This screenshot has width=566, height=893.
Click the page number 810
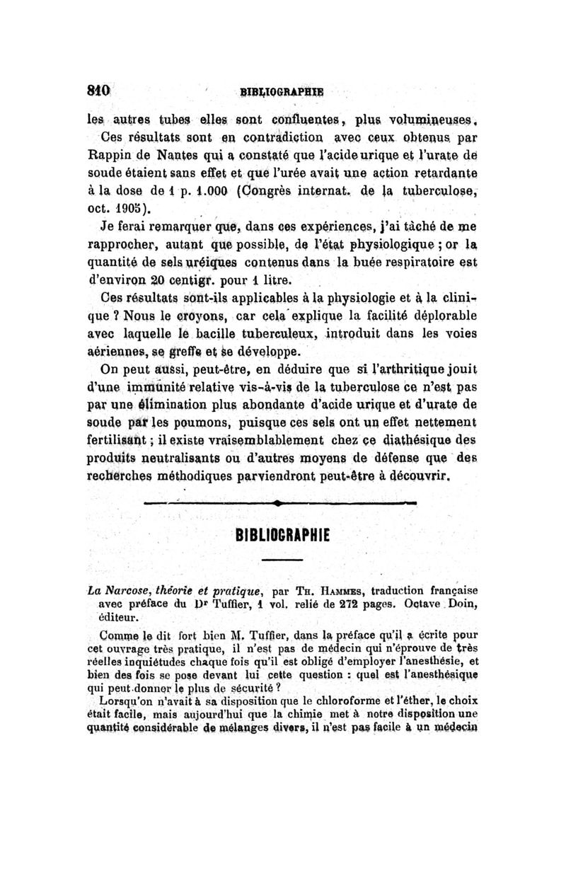[97, 90]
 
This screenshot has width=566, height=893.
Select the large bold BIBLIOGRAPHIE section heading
[282, 531]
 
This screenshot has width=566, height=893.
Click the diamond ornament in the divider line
[281, 503]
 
